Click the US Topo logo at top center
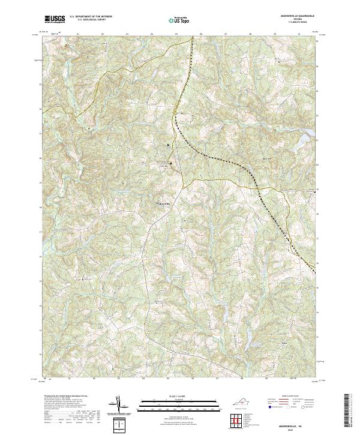(x=179, y=20)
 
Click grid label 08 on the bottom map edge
(x=242, y=379)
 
